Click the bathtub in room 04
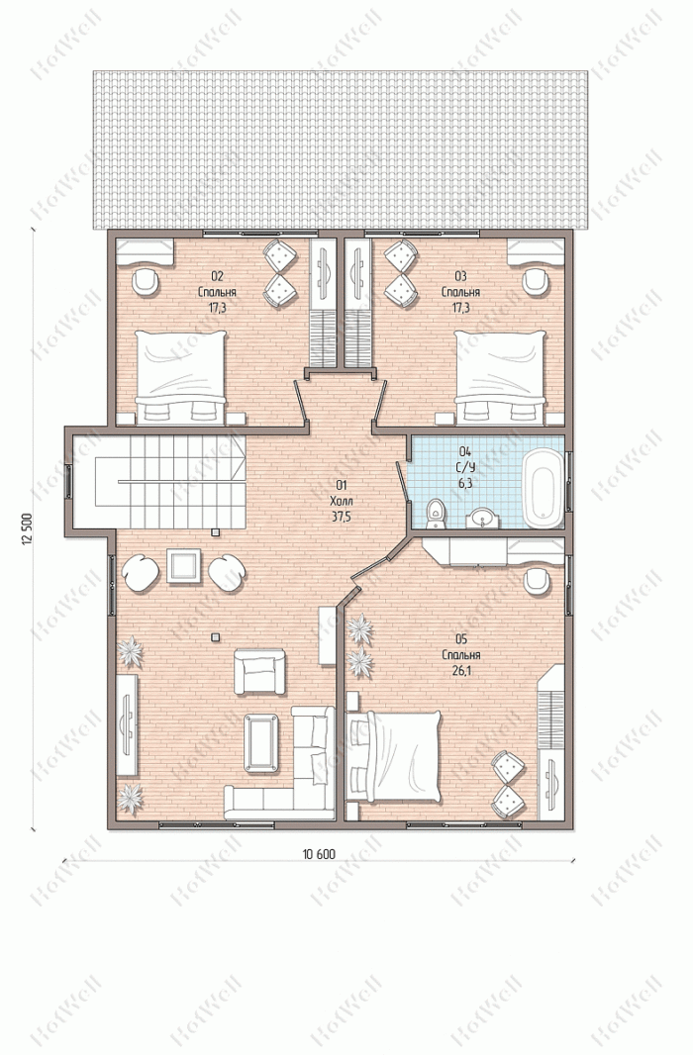click(543, 489)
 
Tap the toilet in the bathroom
click(437, 514)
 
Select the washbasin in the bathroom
click(482, 519)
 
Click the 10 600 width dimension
click(319, 854)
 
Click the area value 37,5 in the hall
click(342, 517)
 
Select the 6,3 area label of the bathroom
click(464, 482)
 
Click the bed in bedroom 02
click(180, 377)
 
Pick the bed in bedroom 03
click(500, 377)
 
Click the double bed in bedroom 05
click(394, 756)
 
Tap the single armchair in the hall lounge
click(259, 671)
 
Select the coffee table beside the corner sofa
click(261, 743)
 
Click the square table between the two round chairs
click(184, 566)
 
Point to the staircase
click(158, 482)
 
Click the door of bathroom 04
click(402, 480)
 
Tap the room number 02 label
click(218, 276)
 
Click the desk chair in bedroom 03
click(536, 281)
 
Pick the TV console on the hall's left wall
click(127, 724)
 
